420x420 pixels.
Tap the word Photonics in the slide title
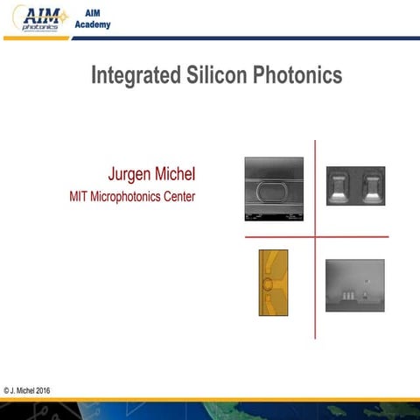297,75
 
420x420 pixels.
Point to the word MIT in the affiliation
79,196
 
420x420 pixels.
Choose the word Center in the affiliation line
178,196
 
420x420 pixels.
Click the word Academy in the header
99,24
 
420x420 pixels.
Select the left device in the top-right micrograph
340,186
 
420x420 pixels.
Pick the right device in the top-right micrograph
371,186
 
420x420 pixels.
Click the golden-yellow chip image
273,282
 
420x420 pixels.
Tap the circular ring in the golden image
267,285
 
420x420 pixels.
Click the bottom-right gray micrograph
354,285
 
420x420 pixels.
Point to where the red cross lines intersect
315,236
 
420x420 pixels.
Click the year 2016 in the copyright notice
42,390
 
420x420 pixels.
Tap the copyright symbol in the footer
6,390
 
